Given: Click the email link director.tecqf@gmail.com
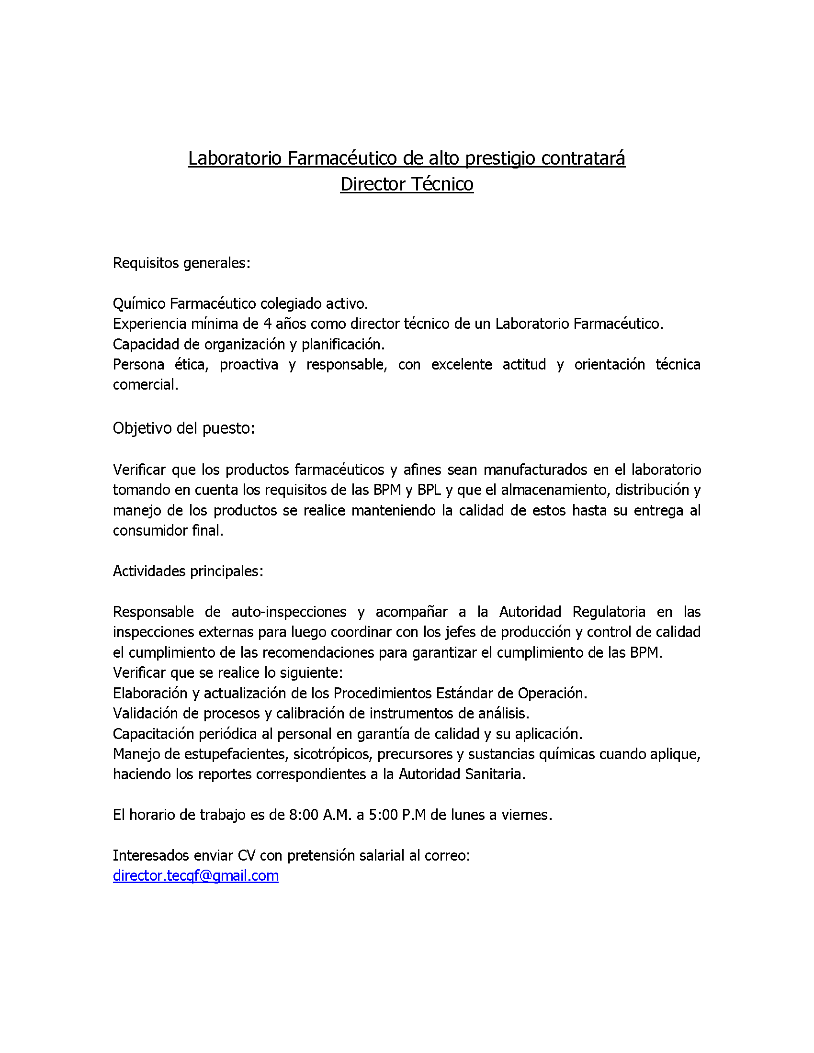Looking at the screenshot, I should [x=195, y=876].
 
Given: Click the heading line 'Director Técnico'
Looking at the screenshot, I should [x=407, y=184].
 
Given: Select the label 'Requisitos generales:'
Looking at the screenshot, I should [x=181, y=263].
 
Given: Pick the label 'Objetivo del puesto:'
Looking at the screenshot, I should [x=183, y=428].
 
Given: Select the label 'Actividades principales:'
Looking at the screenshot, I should [x=188, y=571].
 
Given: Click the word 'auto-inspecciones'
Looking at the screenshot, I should [x=288, y=612].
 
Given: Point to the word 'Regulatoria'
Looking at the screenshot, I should [x=609, y=612].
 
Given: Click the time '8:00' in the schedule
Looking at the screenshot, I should [x=304, y=815].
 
